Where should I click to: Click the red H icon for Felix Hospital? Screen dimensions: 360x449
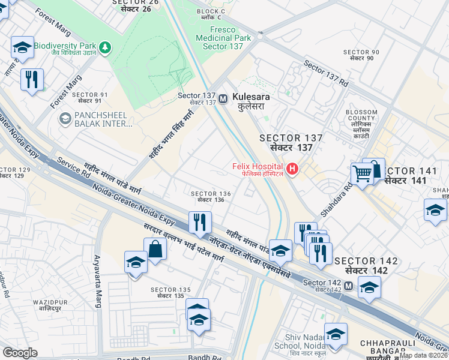(292, 169)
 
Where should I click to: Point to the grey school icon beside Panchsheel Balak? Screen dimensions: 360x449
(64, 119)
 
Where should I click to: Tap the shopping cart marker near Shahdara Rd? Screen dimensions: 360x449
(362, 175)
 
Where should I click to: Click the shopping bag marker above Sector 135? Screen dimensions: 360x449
(155, 249)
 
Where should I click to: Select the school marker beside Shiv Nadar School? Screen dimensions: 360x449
(336, 334)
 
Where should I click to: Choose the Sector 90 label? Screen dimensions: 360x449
(361, 55)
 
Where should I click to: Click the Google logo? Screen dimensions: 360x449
(20, 353)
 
